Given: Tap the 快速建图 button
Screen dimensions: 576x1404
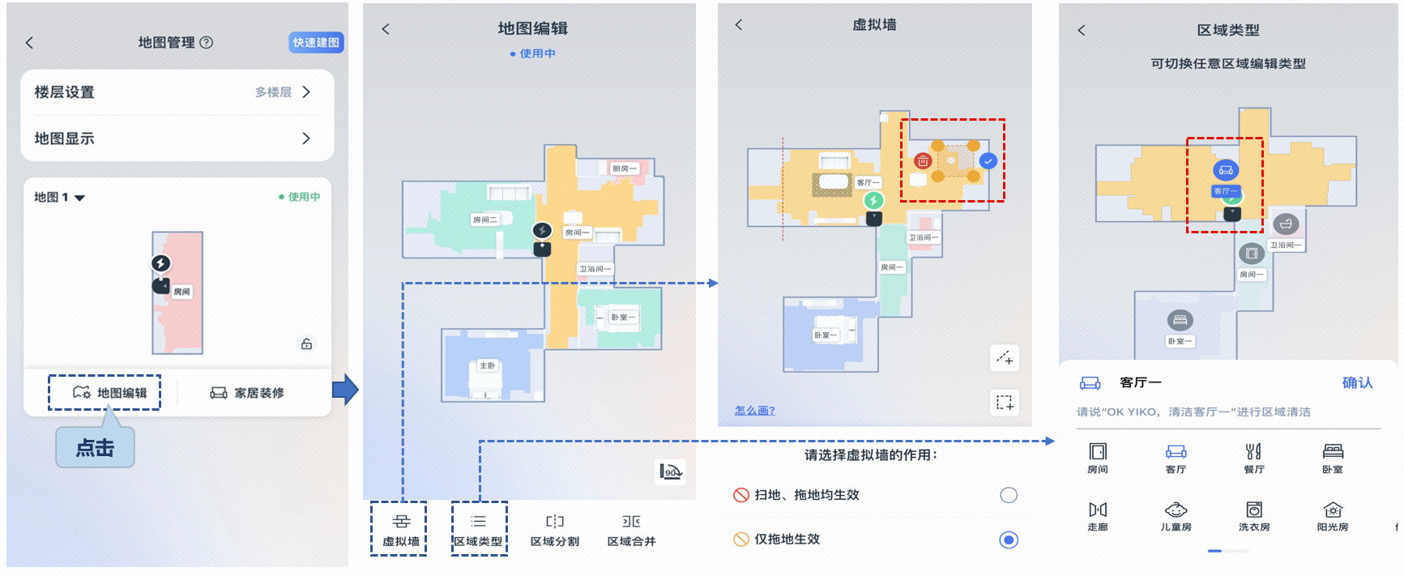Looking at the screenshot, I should (316, 42).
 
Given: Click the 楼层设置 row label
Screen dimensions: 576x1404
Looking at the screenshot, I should (65, 92).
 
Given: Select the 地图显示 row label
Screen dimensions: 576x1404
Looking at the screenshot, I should (65, 139).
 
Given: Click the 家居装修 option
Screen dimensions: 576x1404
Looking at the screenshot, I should (247, 393).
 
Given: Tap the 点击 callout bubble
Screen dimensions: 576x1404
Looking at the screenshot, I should (95, 448).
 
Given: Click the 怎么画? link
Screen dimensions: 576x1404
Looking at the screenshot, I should (754, 411).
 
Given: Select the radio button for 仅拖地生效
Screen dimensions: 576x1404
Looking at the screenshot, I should (1009, 540).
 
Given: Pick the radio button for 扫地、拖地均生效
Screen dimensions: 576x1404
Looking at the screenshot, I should (1009, 495).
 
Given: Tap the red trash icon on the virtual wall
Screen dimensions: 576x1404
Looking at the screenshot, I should (922, 160).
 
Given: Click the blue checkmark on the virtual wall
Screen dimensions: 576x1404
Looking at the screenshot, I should (988, 160).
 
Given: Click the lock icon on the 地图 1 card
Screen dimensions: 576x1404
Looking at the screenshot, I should (306, 343).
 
